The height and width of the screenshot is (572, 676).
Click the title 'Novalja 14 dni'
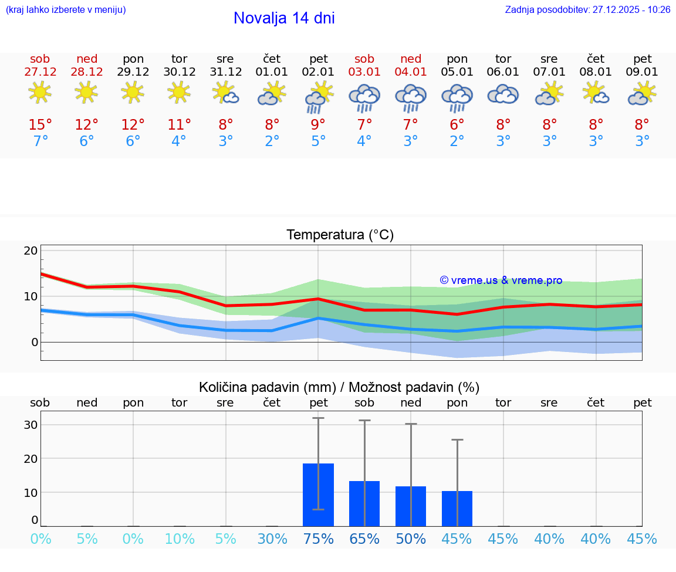point(284,18)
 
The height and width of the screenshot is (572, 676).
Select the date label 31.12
point(226,72)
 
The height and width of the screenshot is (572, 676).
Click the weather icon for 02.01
point(319,97)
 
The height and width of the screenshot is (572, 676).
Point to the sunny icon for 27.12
point(40,92)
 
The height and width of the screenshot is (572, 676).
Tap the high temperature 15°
point(40,125)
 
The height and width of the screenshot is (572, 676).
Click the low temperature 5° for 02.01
point(319,141)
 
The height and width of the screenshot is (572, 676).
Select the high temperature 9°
point(319,125)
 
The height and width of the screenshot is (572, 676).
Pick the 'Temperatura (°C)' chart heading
point(340,235)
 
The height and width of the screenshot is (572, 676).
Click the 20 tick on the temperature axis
point(31,251)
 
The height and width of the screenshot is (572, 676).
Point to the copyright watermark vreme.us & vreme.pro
point(501,280)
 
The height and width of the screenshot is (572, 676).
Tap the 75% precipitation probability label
point(319,539)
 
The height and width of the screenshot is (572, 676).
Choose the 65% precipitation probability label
point(364,539)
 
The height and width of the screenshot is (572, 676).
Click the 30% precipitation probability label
point(272,539)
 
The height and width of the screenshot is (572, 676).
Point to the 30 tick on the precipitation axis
point(31,425)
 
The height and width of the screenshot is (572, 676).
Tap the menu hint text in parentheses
point(66,10)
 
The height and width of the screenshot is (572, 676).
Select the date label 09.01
point(643,72)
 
